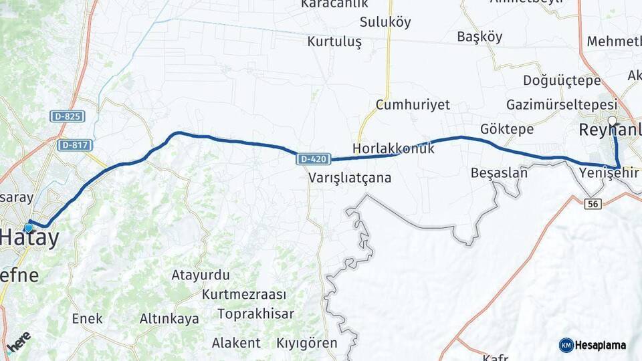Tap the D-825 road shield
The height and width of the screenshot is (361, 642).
(67, 116)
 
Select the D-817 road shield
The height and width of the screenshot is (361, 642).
(74, 144)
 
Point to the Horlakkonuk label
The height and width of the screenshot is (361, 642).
(393, 148)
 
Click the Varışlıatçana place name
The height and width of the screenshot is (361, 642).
(350, 178)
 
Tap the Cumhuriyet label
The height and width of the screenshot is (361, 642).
(413, 105)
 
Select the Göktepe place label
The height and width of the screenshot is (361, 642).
(507, 129)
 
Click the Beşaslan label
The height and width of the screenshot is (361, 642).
(499, 172)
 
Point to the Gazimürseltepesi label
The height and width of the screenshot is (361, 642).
(561, 105)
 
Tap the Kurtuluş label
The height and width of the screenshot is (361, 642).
(334, 41)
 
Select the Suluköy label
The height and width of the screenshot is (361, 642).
(385, 21)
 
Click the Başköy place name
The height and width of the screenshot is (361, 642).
(479, 37)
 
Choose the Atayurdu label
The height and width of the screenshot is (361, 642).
(201, 275)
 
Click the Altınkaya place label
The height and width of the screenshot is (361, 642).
(169, 319)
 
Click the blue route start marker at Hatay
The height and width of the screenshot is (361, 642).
(29, 227)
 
